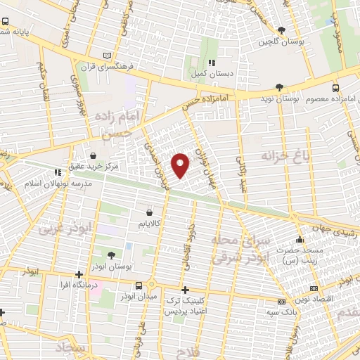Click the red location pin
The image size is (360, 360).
(181, 165)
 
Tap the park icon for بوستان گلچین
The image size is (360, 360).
(282, 30)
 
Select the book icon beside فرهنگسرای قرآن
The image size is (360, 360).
(107, 56)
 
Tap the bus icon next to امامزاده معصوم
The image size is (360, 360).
(335, 88)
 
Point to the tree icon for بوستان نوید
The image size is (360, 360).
(280, 87)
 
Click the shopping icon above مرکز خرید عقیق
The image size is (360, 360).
(94, 156)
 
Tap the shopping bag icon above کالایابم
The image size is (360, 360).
(149, 212)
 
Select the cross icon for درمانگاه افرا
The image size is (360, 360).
(78, 274)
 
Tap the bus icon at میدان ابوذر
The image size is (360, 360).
(141, 285)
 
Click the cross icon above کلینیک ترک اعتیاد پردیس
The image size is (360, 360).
(185, 290)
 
